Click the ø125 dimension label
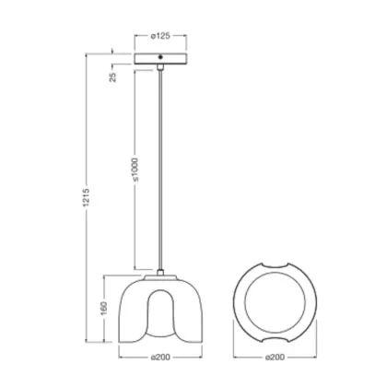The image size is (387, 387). (x=160, y=36)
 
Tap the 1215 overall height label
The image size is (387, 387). (x=87, y=197)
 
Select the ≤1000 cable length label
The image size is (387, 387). (x=135, y=170)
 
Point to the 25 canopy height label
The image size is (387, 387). (x=113, y=76)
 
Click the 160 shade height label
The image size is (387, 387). (x=103, y=308)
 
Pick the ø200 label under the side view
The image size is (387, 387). (x=160, y=358)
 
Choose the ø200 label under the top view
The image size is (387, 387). (x=275, y=358)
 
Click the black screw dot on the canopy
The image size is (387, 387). (x=160, y=57)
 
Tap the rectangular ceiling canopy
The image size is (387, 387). (x=160, y=59)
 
